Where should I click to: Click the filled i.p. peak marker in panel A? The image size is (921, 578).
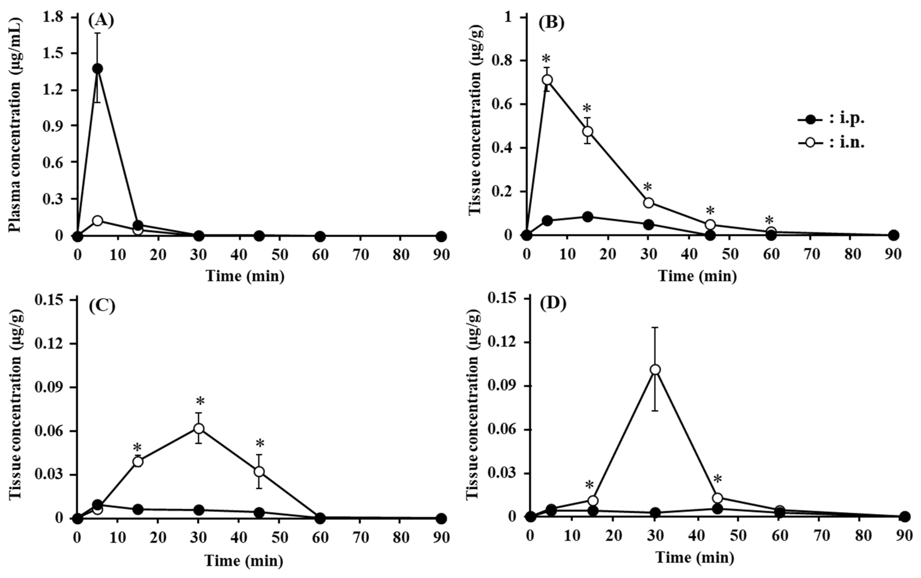point(98,68)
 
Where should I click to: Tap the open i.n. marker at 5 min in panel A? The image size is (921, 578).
point(98,221)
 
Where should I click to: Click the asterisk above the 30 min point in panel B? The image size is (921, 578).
point(648,188)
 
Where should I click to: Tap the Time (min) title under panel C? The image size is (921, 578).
point(244,561)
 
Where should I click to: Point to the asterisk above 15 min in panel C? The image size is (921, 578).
point(137,447)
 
